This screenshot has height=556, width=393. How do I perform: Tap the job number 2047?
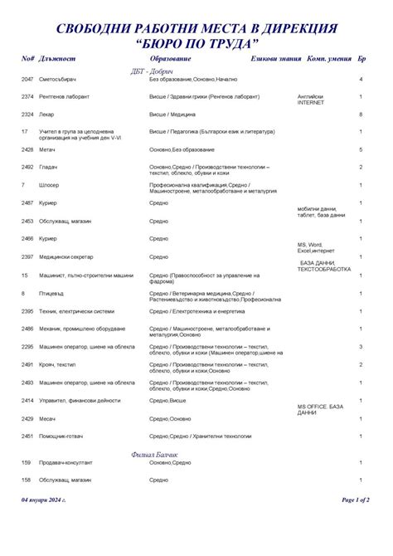pos(27,79)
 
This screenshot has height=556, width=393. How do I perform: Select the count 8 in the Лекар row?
pos(361,114)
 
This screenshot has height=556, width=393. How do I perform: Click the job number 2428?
pos(27,149)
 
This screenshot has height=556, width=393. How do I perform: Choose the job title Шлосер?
pos(49,185)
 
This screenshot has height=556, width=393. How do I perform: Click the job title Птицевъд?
pos(51,293)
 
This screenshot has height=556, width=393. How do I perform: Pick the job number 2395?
pos(27,311)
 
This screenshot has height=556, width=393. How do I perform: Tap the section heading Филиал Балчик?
pos(155,453)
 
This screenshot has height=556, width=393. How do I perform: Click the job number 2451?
pos(27,436)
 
